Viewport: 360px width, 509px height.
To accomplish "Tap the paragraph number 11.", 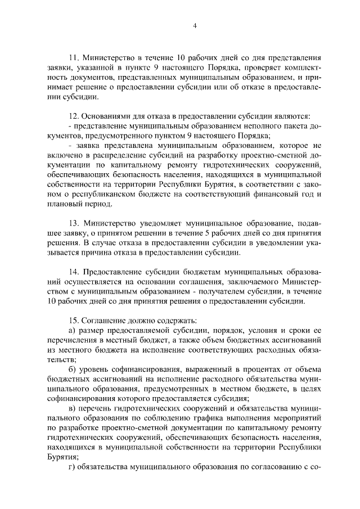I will pyautogui.click(x=73, y=58).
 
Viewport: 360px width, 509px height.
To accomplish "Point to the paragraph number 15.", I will pyautogui.click(x=73, y=320).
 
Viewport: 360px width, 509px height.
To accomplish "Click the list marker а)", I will pyautogui.click(x=71, y=330).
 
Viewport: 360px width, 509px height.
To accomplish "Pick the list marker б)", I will pyautogui.click(x=71, y=369).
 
